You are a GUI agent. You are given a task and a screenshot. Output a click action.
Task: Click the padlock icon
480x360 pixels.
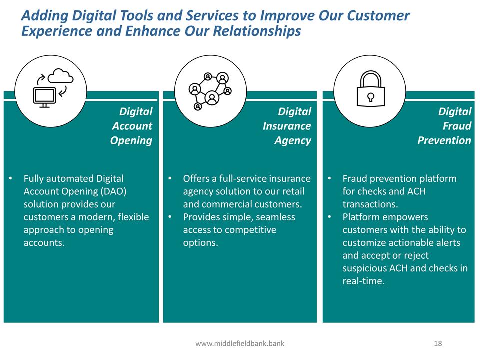point(370,89)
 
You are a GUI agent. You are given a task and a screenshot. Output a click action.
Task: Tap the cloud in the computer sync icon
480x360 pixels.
point(61,76)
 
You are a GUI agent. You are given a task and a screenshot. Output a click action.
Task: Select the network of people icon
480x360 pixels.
point(210,91)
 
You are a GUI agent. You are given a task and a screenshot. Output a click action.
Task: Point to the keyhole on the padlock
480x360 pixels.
point(370,97)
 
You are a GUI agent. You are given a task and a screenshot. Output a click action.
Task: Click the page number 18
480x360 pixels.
point(438,344)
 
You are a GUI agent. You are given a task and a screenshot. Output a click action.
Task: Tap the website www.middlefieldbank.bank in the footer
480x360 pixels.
point(240,344)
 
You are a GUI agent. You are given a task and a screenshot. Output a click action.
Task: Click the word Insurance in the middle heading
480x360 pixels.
point(287,126)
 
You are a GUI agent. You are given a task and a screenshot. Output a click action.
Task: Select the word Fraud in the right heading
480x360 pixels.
point(457,126)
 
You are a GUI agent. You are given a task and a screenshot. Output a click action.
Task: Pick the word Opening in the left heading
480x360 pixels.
point(131,141)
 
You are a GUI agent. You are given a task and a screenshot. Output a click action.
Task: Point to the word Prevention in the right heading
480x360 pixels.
point(444,140)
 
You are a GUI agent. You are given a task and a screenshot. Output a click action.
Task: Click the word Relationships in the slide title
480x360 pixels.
point(257,31)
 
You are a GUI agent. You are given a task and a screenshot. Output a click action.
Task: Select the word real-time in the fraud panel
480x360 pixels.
point(363,281)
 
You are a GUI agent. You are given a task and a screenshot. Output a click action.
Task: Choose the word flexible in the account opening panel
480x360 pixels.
point(133,217)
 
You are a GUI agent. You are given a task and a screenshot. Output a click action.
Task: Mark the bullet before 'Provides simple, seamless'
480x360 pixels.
point(170,217)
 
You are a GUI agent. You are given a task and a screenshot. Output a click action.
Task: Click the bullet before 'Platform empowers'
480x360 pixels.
point(329,217)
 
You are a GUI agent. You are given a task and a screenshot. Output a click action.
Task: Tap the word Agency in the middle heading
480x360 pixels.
point(293,141)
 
